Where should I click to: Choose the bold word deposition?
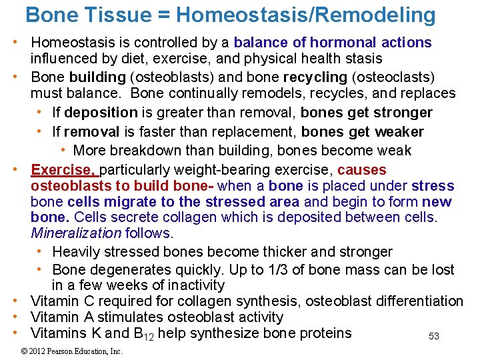101,112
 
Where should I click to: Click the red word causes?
361,170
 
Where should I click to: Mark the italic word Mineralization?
76,233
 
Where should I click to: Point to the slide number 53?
434,337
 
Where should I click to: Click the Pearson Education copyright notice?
71,351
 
